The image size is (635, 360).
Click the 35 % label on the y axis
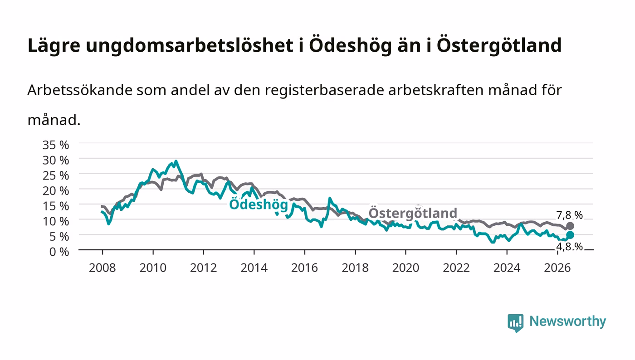click(x=55, y=145)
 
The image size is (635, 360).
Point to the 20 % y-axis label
click(x=55, y=191)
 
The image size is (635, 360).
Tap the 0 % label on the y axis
click(x=59, y=252)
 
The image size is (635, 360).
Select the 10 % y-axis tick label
click(x=55, y=221)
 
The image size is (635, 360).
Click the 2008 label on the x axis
click(x=103, y=268)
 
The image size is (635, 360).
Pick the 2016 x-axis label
click(x=304, y=268)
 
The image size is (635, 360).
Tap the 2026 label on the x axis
click(x=557, y=268)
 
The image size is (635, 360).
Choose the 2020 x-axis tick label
click(x=405, y=268)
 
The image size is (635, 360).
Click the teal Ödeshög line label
click(x=259, y=204)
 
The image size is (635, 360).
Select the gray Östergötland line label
click(x=413, y=213)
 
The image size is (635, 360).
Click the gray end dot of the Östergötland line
click(x=570, y=226)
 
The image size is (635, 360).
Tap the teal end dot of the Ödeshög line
click(x=570, y=235)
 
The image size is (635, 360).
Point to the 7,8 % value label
click(x=569, y=215)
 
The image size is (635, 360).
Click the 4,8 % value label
click(x=569, y=247)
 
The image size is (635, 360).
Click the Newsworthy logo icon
click(x=515, y=323)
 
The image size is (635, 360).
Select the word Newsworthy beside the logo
click(x=567, y=321)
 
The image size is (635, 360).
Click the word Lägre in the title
click(x=54, y=46)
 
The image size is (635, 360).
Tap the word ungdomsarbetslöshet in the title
click(x=190, y=46)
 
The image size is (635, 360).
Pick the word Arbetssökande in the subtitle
click(x=80, y=90)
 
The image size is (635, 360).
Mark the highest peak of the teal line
click(x=176, y=161)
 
